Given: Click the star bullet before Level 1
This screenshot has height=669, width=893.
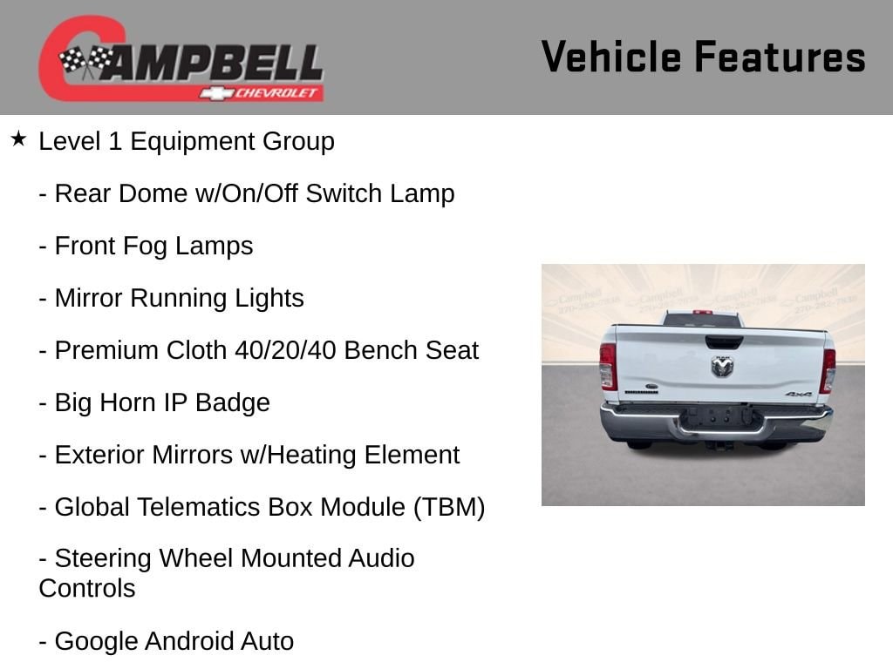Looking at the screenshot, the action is click(x=18, y=139).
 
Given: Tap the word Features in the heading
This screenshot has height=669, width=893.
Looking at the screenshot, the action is click(x=781, y=57).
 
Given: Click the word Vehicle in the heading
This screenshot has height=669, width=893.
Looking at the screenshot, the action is click(x=611, y=57).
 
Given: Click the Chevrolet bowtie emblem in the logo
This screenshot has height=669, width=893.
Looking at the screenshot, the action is click(x=216, y=93).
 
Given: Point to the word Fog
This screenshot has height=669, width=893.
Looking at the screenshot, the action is click(x=145, y=247).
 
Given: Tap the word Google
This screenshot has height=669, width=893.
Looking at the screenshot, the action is click(x=96, y=642).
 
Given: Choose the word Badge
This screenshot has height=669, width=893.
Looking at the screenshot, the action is click(x=232, y=403).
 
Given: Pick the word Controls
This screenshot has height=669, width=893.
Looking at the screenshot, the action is click(x=87, y=588).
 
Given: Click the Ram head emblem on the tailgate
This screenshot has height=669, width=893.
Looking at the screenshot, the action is click(x=722, y=367).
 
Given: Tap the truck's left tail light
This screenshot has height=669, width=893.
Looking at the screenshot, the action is click(x=608, y=366).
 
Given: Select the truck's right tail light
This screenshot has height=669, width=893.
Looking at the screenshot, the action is click(x=828, y=371).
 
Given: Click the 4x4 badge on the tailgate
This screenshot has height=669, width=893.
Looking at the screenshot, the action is click(x=798, y=394).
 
